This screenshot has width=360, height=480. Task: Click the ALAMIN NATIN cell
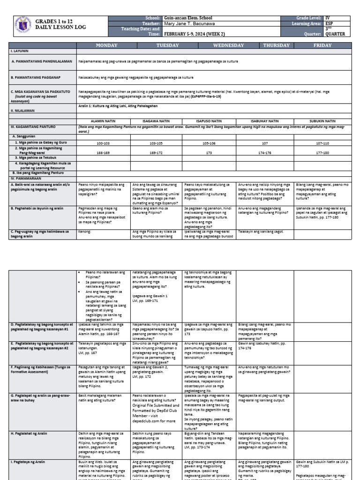104,121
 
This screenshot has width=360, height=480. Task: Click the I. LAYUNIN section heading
19,50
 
